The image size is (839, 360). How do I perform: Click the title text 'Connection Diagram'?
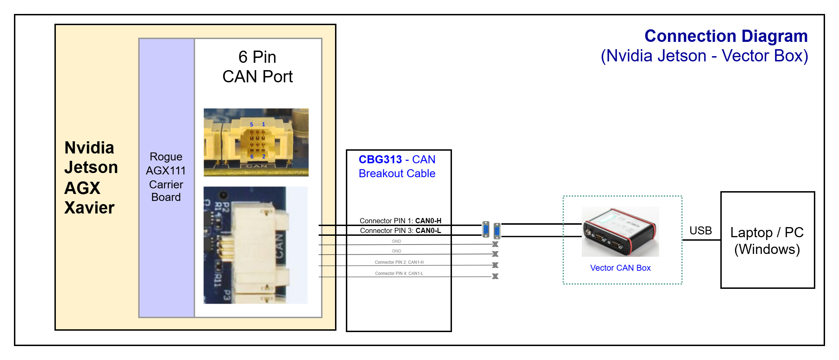726,36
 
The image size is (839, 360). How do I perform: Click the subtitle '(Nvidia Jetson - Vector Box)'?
704,56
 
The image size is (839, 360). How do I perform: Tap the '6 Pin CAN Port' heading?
258,67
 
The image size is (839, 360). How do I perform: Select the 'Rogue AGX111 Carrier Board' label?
166,177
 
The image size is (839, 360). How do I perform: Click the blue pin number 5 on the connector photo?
251,125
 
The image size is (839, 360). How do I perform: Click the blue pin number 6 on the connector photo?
252,157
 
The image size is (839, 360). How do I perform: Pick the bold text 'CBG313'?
380,159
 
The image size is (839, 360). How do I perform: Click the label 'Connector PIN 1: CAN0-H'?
400,221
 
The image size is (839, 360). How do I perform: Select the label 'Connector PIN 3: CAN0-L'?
400,231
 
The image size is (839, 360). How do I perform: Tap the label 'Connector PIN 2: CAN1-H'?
399,262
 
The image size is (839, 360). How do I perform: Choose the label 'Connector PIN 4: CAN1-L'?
399,273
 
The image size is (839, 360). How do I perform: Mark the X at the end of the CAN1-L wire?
495,276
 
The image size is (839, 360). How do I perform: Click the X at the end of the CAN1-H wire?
495,265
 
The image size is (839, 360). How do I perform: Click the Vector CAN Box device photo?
620,232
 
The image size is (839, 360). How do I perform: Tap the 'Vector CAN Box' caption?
620,268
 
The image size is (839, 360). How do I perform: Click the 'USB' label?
700,231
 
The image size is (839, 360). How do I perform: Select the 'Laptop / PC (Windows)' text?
767,241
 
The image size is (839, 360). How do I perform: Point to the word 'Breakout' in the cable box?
381,173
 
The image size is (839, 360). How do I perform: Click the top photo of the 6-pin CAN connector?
256,142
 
